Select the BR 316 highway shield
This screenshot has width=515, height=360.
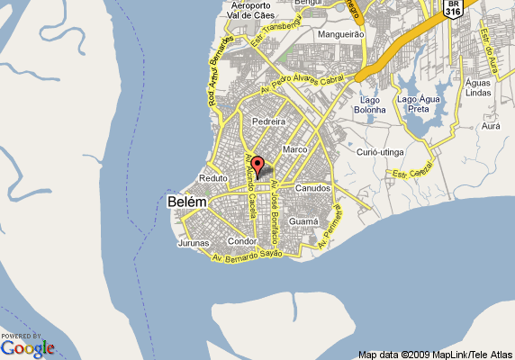click(454, 9)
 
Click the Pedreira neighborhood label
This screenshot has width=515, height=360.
click(268, 121)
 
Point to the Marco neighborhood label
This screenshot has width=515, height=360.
click(295, 148)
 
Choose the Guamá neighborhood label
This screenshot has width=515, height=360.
click(303, 220)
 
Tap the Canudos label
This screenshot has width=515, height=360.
click(313, 188)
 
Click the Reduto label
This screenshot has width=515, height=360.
click(213, 178)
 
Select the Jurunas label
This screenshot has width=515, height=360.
click(194, 243)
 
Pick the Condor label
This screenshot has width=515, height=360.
click(243, 241)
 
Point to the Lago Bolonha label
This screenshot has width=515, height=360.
click(372, 104)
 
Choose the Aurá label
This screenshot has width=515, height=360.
click(491, 127)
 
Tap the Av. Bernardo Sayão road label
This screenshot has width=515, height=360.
click(248, 257)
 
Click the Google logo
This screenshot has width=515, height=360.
click(28, 347)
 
